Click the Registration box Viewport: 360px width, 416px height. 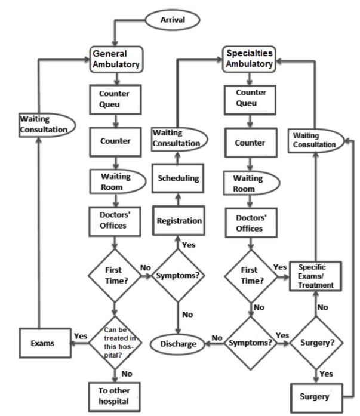pyautogui.click(x=180, y=221)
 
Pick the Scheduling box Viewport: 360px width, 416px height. pyautogui.click(x=179, y=178)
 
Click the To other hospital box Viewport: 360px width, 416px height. pyautogui.click(x=115, y=395)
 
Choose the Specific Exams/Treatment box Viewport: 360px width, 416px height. pyautogui.click(x=316, y=276)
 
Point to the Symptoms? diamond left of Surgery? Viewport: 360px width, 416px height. pyautogui.click(x=251, y=344)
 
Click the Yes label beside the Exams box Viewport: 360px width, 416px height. pyautogui.click(x=79, y=335)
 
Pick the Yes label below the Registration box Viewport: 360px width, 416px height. pyautogui.click(x=189, y=244)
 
